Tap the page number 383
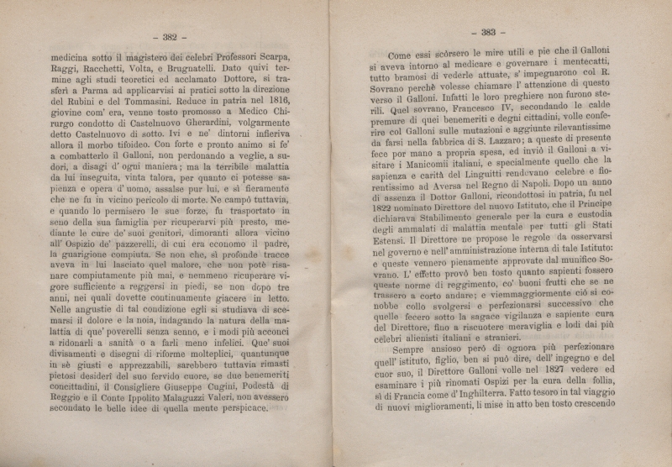(x=488, y=34)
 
